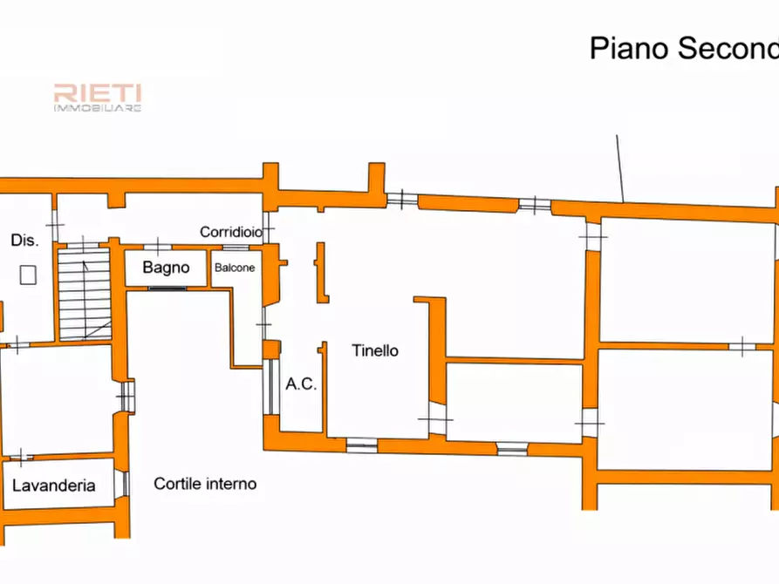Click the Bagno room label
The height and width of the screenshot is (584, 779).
[x=166, y=268]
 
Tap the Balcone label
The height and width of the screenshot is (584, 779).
[x=235, y=268]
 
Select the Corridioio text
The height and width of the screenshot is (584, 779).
[x=231, y=232]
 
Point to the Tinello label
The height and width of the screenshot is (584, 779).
[x=375, y=350]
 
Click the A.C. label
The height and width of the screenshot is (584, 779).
[x=301, y=384]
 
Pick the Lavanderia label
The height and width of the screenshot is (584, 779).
[x=54, y=486]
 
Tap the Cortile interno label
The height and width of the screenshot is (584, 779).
[x=205, y=484]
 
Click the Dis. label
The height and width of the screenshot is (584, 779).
[x=24, y=241]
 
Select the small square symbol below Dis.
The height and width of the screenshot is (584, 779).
[x=28, y=275]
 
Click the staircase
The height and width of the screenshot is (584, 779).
[x=85, y=295]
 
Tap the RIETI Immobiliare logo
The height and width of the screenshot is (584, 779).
[x=98, y=98]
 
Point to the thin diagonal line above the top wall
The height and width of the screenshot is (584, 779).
[x=620, y=169]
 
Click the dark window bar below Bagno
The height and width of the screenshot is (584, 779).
[x=167, y=288]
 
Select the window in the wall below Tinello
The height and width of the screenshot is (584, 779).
[x=362, y=445]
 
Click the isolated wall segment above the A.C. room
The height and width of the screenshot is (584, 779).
[x=322, y=273]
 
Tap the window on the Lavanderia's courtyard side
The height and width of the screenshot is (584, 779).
[x=122, y=484]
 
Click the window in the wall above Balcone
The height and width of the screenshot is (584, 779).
[x=236, y=248]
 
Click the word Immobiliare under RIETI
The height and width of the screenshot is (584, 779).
[x=98, y=108]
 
